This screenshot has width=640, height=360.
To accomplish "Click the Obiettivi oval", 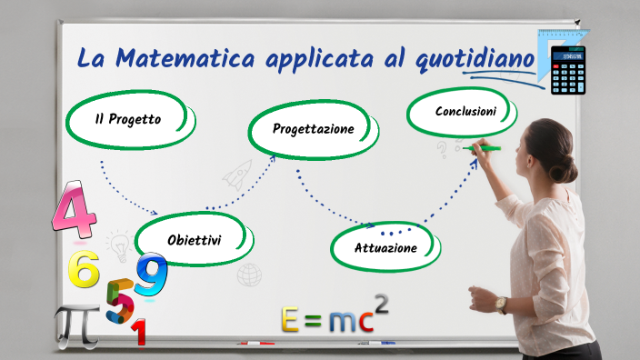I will pos(194,240).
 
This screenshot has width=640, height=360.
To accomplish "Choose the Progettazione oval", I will pos(313,129).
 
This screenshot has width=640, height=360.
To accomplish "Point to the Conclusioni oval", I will pos(465,112).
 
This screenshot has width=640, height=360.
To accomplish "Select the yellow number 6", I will pos(84,268).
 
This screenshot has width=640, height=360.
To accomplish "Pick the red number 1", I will pos(138,333).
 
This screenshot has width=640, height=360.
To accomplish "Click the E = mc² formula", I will pos(334,317).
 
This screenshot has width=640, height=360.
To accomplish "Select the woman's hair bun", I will pos(565,168).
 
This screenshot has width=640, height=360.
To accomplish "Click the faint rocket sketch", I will pos(238,173).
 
